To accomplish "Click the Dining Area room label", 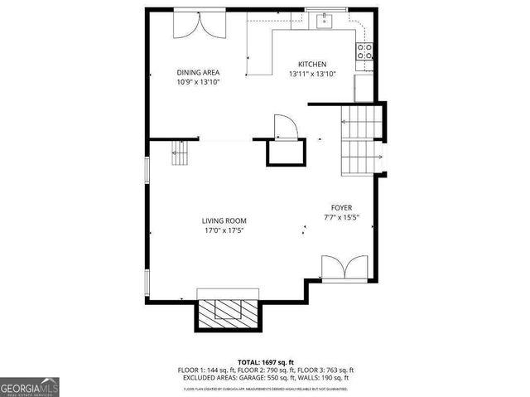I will pyautogui.click(x=197, y=72).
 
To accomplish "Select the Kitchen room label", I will pyautogui.click(x=312, y=65).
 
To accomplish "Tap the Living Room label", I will pyautogui.click(x=224, y=220).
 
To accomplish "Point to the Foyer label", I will pyautogui.click(x=341, y=208).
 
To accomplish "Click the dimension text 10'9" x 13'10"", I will pyautogui.click(x=197, y=82).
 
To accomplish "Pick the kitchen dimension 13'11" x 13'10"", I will pyautogui.click(x=312, y=75).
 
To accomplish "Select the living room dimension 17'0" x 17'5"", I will pyautogui.click(x=224, y=230).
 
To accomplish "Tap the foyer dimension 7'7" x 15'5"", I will pyautogui.click(x=341, y=218).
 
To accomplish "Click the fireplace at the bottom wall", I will pyautogui.click(x=229, y=310).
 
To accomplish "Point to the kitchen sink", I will pyautogui.click(x=323, y=20).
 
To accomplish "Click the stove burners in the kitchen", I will pyautogui.click(x=364, y=53).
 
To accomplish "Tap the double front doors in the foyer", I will pyautogui.click(x=344, y=269).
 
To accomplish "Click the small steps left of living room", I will pyautogui.click(x=181, y=153).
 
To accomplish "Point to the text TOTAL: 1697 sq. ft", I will pyautogui.click(x=265, y=362).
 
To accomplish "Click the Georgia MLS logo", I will pyautogui.click(x=30, y=386).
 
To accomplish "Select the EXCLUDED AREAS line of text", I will pyautogui.click(x=265, y=379).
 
